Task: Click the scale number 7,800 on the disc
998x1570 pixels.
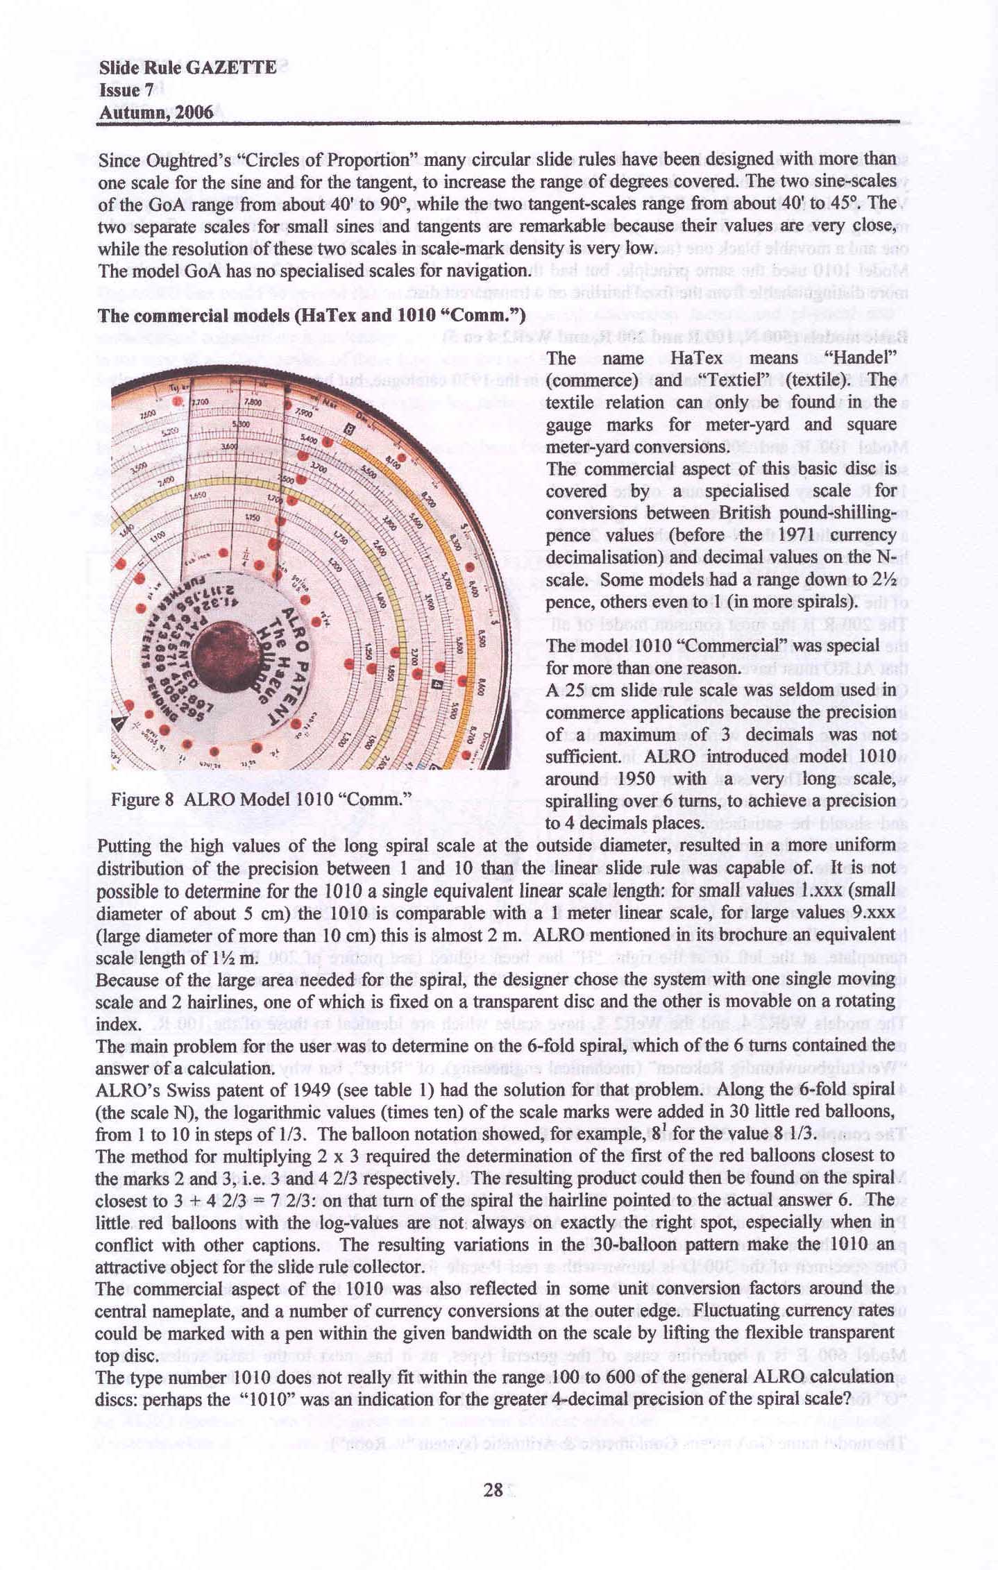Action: coord(252,403)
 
